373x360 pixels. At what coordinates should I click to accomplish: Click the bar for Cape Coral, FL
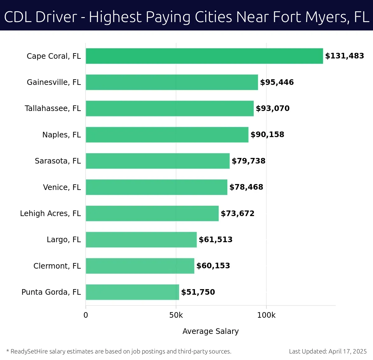[x=204, y=56]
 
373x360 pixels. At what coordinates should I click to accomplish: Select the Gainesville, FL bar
[x=172, y=82]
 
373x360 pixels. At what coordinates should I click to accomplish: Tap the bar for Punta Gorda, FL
[x=132, y=292]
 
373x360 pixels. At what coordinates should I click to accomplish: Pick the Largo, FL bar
[x=141, y=239]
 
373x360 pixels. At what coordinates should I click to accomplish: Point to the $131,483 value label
[x=344, y=56]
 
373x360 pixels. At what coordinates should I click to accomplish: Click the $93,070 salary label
[x=273, y=108]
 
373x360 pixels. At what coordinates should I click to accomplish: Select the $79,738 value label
[x=248, y=161]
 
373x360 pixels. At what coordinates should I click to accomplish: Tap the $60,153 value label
[x=213, y=266]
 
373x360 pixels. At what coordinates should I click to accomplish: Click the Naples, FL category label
[x=62, y=135]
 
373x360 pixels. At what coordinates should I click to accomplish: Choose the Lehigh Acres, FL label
[x=50, y=214]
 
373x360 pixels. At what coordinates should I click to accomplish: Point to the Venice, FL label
[x=62, y=187]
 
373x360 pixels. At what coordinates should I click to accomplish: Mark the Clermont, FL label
[x=57, y=266]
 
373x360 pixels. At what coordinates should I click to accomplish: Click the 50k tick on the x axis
[x=176, y=315]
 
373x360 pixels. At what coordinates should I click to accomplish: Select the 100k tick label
[x=266, y=315]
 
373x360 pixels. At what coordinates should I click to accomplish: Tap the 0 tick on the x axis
[x=86, y=315]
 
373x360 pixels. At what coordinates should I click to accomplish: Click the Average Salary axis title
[x=210, y=331]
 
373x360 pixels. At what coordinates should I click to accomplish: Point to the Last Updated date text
[x=328, y=352]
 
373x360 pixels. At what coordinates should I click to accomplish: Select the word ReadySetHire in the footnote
[x=30, y=352]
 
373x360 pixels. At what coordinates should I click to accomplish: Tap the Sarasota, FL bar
[x=158, y=161]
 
